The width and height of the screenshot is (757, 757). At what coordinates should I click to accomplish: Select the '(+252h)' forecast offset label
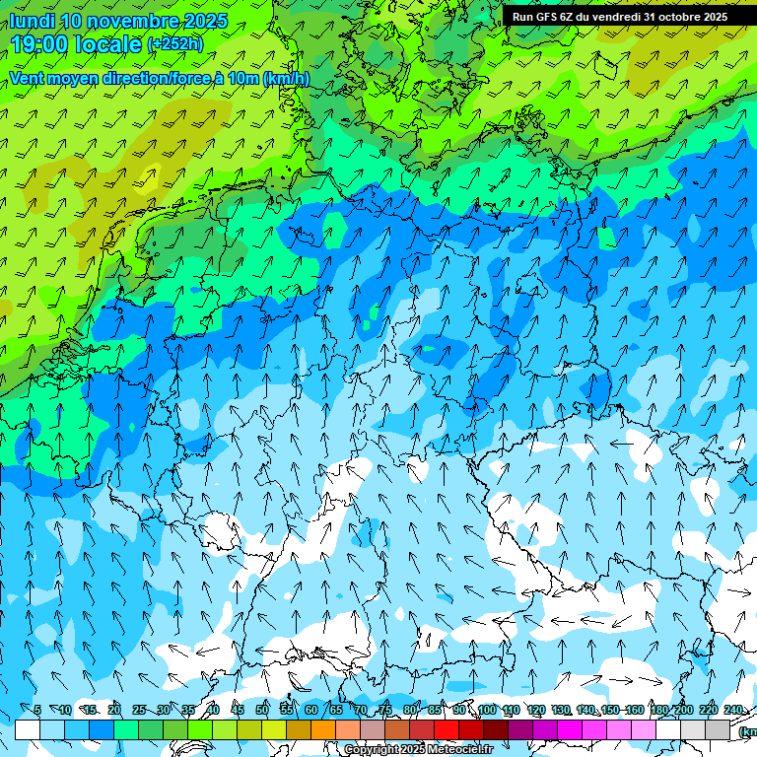coord(174,44)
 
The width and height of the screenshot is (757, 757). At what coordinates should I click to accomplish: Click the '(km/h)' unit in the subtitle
coord(286,79)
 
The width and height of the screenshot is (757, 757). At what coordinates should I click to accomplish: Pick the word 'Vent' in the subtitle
coord(29,79)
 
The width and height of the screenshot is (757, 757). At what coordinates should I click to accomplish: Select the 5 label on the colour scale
coord(36,710)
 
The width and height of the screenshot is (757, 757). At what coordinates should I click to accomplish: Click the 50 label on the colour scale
coord(262,710)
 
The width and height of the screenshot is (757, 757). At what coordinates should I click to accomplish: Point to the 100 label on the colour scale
coord(487,710)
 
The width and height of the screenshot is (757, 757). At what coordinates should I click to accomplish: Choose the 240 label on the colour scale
coord(733,710)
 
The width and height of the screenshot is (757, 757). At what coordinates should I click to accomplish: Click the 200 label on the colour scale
coord(684,710)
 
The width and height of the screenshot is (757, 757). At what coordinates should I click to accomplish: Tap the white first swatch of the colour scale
coord(28,729)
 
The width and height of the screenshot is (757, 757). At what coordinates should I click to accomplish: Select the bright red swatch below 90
coord(447,729)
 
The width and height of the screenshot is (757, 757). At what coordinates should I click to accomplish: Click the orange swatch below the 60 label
coord(323,729)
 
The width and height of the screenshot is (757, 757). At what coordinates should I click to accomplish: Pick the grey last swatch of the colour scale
coord(718,729)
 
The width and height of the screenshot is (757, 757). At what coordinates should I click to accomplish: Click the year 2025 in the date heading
coord(206,21)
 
